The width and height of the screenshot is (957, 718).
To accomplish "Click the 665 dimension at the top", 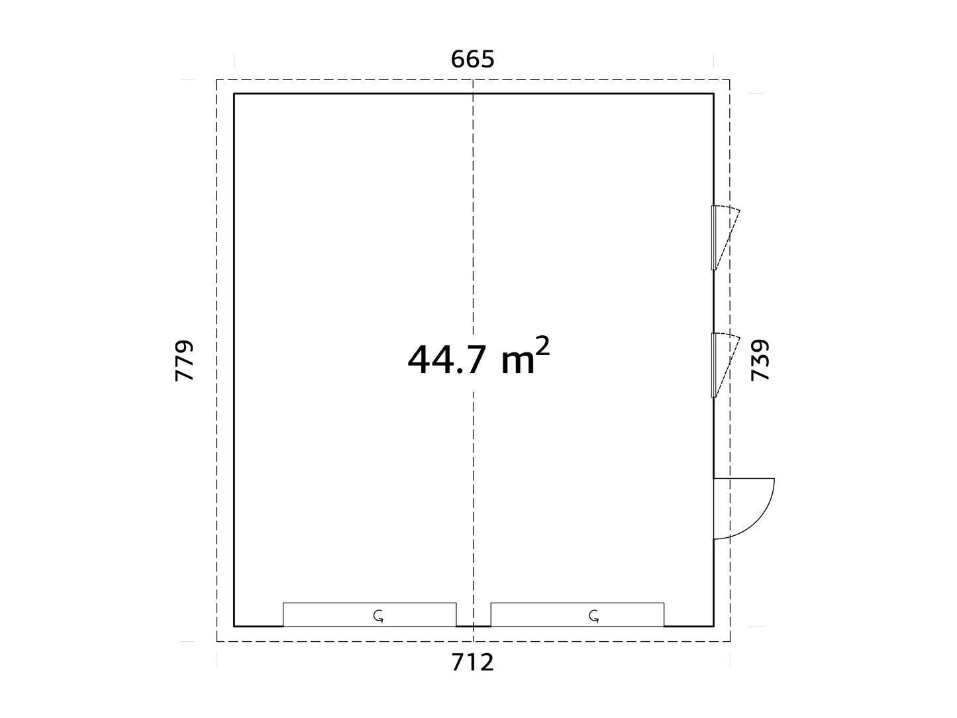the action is click(x=473, y=60).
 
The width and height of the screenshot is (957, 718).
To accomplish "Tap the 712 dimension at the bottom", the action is click(x=473, y=662).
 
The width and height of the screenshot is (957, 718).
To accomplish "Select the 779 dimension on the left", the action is click(x=184, y=360).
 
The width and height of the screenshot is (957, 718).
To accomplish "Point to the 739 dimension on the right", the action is click(x=760, y=360).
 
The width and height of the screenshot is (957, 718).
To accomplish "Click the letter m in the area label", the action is click(x=518, y=363).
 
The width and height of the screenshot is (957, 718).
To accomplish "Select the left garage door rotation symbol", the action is click(x=378, y=616).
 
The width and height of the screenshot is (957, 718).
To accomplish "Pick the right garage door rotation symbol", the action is click(x=594, y=616).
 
